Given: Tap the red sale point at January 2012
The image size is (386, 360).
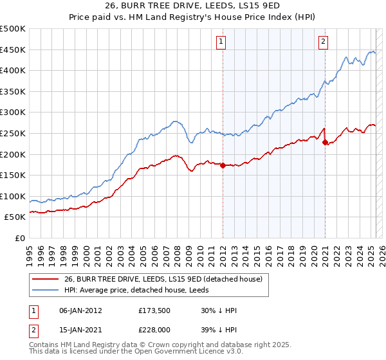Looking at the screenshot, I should (223, 165).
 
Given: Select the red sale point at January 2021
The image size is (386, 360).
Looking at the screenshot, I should (325, 142).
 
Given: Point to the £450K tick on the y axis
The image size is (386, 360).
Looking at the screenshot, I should (13, 50).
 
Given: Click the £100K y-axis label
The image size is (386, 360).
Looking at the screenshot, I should (13, 196).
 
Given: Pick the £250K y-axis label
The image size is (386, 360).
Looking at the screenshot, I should (13, 133).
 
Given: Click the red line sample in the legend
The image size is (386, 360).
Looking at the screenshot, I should (45, 280).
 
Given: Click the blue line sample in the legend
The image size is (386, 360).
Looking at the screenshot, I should (45, 291).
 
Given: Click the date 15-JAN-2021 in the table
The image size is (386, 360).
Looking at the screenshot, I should (80, 331).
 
